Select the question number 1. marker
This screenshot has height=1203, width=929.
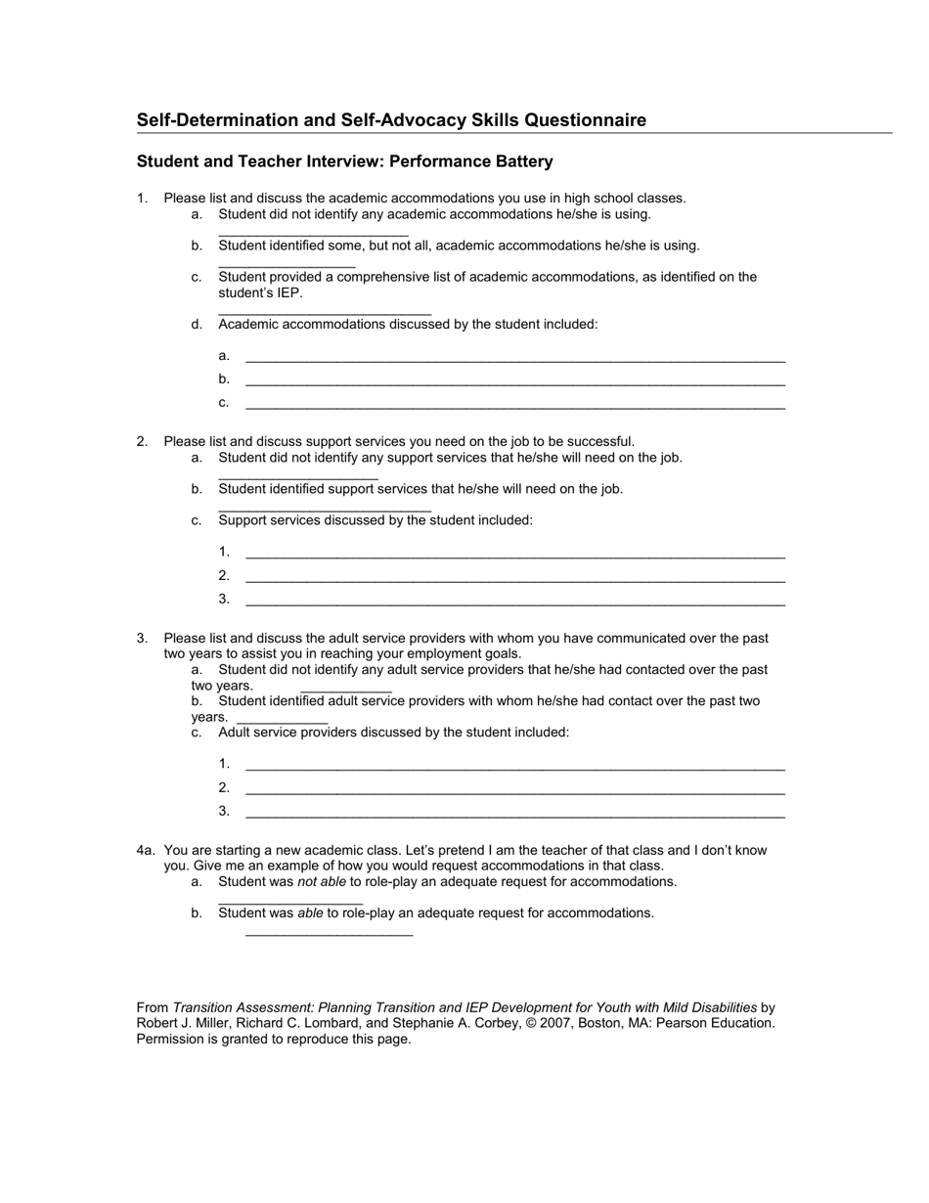point(142,199)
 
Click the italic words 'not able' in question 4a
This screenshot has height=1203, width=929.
point(322,882)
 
